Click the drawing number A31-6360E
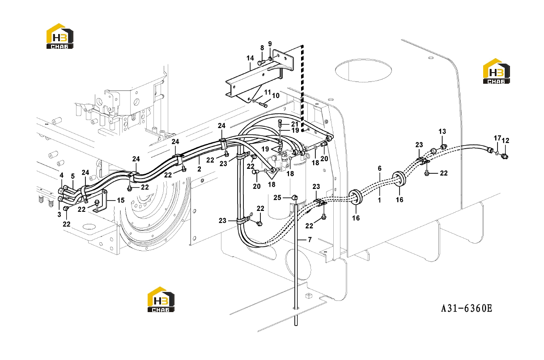(x=467, y=309)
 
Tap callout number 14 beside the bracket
(x=250, y=58)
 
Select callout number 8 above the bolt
(x=262, y=48)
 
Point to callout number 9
(x=270, y=44)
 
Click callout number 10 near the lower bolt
(x=276, y=96)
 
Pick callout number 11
(x=268, y=92)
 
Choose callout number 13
(x=442, y=132)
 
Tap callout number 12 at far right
(x=506, y=141)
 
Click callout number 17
(x=497, y=138)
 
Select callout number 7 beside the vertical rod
(x=310, y=240)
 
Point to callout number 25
(x=277, y=197)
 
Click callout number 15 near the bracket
(x=121, y=200)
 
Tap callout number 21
(x=294, y=124)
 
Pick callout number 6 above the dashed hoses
(x=379, y=168)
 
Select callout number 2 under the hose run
(x=199, y=169)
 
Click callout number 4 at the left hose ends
(x=61, y=175)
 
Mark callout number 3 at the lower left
(x=59, y=214)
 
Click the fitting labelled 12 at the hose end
(x=505, y=156)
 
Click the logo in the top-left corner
(x=60, y=36)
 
